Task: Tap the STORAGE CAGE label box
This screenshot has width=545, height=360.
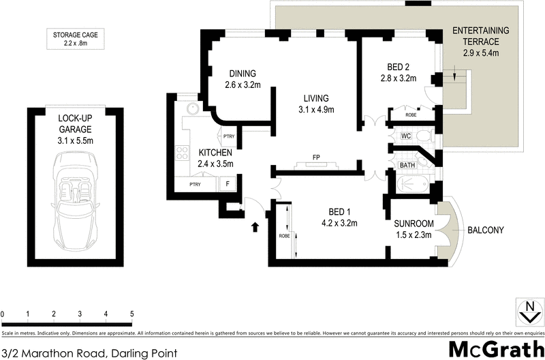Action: [75, 40]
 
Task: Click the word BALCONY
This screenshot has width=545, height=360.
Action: [485, 230]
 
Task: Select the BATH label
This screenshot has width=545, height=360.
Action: [407, 165]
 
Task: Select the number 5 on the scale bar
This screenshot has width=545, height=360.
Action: [131, 314]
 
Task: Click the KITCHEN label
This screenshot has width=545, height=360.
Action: [216, 153]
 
